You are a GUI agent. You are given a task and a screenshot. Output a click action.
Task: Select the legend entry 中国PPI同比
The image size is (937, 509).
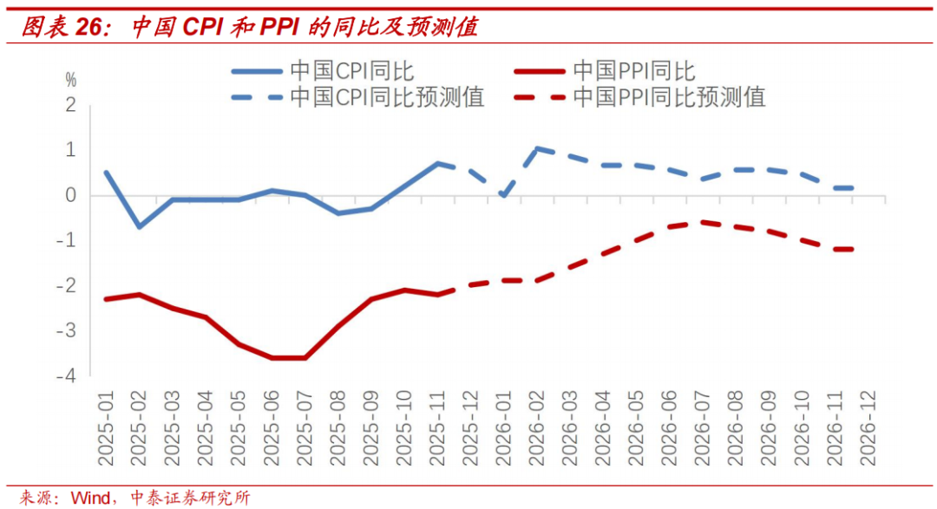(x=634, y=71)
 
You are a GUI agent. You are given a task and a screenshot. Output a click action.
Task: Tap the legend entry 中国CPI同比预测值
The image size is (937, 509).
(x=386, y=96)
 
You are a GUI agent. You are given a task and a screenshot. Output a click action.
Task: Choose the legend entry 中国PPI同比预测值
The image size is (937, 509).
(x=669, y=96)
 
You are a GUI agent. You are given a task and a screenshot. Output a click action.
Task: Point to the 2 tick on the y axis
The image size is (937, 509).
(x=71, y=105)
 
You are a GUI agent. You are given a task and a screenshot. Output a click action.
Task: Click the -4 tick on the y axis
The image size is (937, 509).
(x=68, y=375)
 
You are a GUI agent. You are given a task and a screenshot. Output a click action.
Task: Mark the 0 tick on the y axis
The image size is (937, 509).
(x=71, y=195)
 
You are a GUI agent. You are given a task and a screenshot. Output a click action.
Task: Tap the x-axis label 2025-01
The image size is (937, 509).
(x=106, y=422)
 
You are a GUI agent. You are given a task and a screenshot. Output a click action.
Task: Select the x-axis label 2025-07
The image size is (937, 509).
(x=305, y=422)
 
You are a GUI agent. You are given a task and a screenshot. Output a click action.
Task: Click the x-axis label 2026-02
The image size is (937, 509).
(x=537, y=422)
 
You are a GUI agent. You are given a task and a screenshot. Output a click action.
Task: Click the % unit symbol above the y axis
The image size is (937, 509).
(x=70, y=81)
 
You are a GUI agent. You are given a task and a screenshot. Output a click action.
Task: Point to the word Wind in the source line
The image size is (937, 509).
(x=89, y=498)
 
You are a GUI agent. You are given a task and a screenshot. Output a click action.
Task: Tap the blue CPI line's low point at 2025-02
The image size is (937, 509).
(x=139, y=227)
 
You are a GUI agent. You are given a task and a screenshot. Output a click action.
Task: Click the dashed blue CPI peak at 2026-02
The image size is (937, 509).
(x=537, y=148)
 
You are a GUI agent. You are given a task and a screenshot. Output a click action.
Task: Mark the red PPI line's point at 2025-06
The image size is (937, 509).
(x=272, y=357)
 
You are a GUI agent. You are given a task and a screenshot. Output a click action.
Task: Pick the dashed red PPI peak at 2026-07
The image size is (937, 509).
(x=703, y=222)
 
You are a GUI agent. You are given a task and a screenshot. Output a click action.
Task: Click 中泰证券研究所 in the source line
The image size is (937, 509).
(x=189, y=498)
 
